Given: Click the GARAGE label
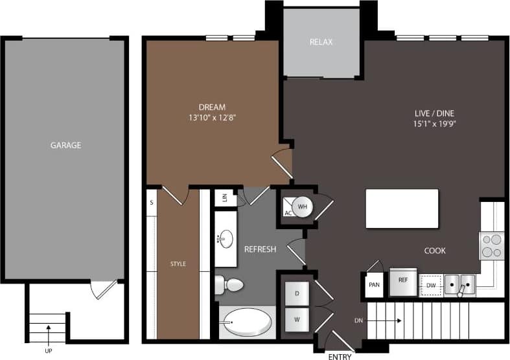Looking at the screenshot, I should tap(65, 145).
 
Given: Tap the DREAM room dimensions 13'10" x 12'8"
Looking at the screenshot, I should tap(212, 118).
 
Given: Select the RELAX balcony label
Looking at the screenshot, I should tap(321, 42).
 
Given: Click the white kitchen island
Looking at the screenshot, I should tap(402, 208).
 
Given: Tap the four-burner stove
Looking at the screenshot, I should tap(491, 245).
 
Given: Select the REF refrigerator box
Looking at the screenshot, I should tap(402, 280).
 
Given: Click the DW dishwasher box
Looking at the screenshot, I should tap(430, 284).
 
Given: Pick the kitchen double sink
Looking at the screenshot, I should tap(459, 284).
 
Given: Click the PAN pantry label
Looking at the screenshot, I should tap(374, 284).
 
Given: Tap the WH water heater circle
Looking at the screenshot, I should tap(303, 207).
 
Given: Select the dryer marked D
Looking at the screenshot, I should tap(297, 294).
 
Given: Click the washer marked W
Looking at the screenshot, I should tap(297, 320).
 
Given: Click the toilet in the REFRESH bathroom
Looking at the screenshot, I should tap(229, 283).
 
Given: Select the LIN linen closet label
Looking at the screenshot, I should tap(225, 198).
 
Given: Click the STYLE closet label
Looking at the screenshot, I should tap(178, 264).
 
